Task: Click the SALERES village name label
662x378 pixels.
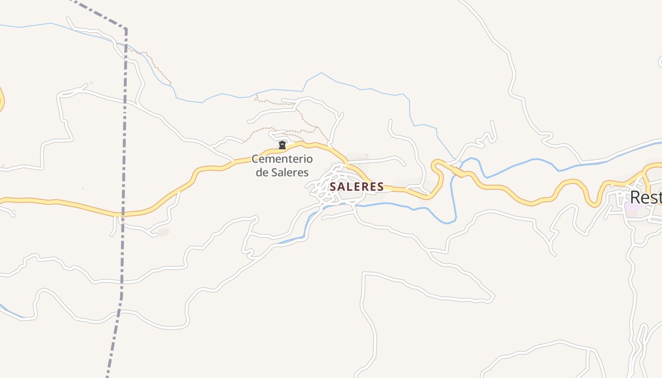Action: tap(357, 187)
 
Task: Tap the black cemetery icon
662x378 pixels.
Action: tap(282, 145)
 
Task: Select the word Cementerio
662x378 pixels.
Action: tap(282, 159)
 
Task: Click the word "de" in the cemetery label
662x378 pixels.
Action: tap(262, 172)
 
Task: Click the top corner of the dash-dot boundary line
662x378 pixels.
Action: tap(126, 30)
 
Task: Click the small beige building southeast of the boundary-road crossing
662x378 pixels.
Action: tap(164, 232)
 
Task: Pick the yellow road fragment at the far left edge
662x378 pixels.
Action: tap(2, 99)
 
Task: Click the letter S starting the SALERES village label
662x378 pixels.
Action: tap(333, 187)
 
